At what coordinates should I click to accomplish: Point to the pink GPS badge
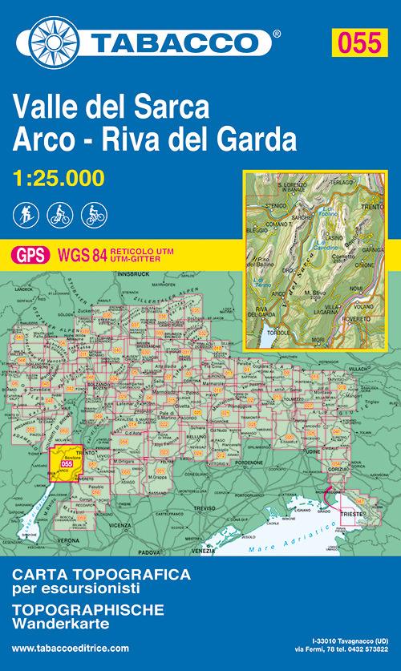[30, 255]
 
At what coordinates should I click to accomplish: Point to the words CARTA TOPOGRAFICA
[102, 575]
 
